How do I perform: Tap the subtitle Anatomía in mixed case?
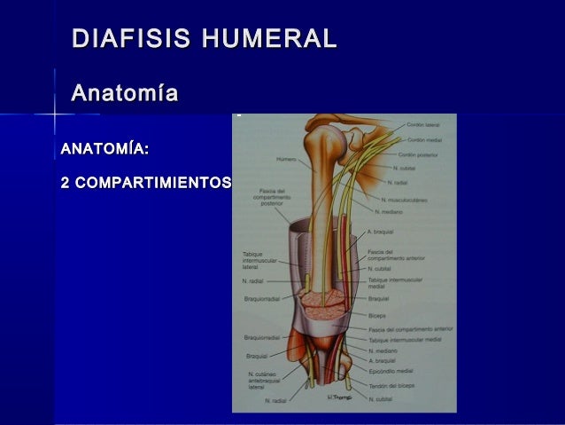click(124, 93)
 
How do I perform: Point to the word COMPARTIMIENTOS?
click(154, 184)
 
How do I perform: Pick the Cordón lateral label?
click(423, 126)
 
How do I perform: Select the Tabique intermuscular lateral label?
click(259, 261)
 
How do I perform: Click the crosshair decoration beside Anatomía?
click(55, 114)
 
